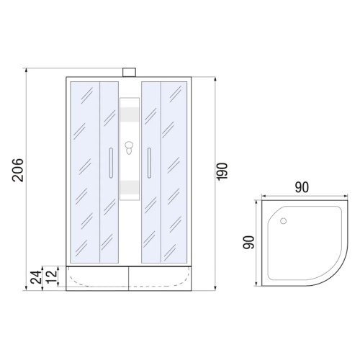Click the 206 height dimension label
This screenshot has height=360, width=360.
pos(18,170)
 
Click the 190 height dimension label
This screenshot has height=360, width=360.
pos(222,171)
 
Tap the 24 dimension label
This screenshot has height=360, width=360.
pos(36,277)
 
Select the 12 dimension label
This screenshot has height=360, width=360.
pos(52,276)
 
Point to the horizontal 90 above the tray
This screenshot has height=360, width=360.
pos(302,187)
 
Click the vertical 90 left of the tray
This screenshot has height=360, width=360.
pos(248,243)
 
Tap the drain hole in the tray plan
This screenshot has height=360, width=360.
pos(284,221)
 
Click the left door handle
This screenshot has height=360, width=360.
pos(111,163)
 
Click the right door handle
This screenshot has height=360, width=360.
pos(149,163)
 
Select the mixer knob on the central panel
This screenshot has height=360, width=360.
pos(129,148)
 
